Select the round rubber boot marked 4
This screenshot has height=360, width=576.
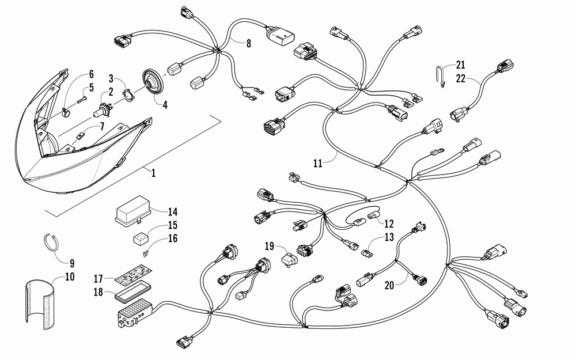tap(153, 84)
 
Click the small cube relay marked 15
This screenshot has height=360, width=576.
tap(139, 237)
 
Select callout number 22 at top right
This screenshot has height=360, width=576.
tap(460, 79)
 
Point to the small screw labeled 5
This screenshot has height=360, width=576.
tap(83, 98)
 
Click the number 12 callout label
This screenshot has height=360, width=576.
tap(389, 222)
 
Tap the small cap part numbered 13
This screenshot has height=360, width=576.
tap(366, 251)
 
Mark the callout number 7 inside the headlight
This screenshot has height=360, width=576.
tap(101, 126)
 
